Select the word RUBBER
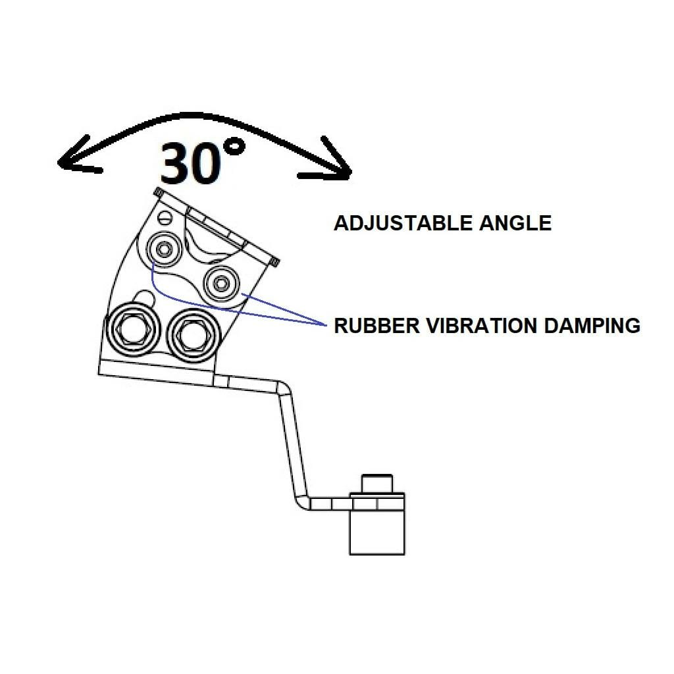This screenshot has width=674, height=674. point(376,325)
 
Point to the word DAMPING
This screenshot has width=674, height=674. point(592,325)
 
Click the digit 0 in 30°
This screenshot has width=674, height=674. point(205,164)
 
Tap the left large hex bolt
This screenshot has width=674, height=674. point(133,329)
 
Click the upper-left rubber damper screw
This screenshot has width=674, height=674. point(164,249)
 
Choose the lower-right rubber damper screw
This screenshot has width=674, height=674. point(221,283)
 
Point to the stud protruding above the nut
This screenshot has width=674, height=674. point(377,484)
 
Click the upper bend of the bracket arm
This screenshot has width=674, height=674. point(284,390)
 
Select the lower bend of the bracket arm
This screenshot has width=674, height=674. point(303,501)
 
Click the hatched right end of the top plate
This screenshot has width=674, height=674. point(274,262)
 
